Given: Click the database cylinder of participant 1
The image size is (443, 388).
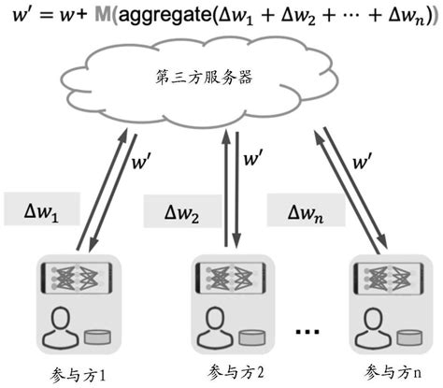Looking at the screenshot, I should [x=94, y=336].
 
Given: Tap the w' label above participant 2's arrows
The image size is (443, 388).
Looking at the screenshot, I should [x=253, y=160].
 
